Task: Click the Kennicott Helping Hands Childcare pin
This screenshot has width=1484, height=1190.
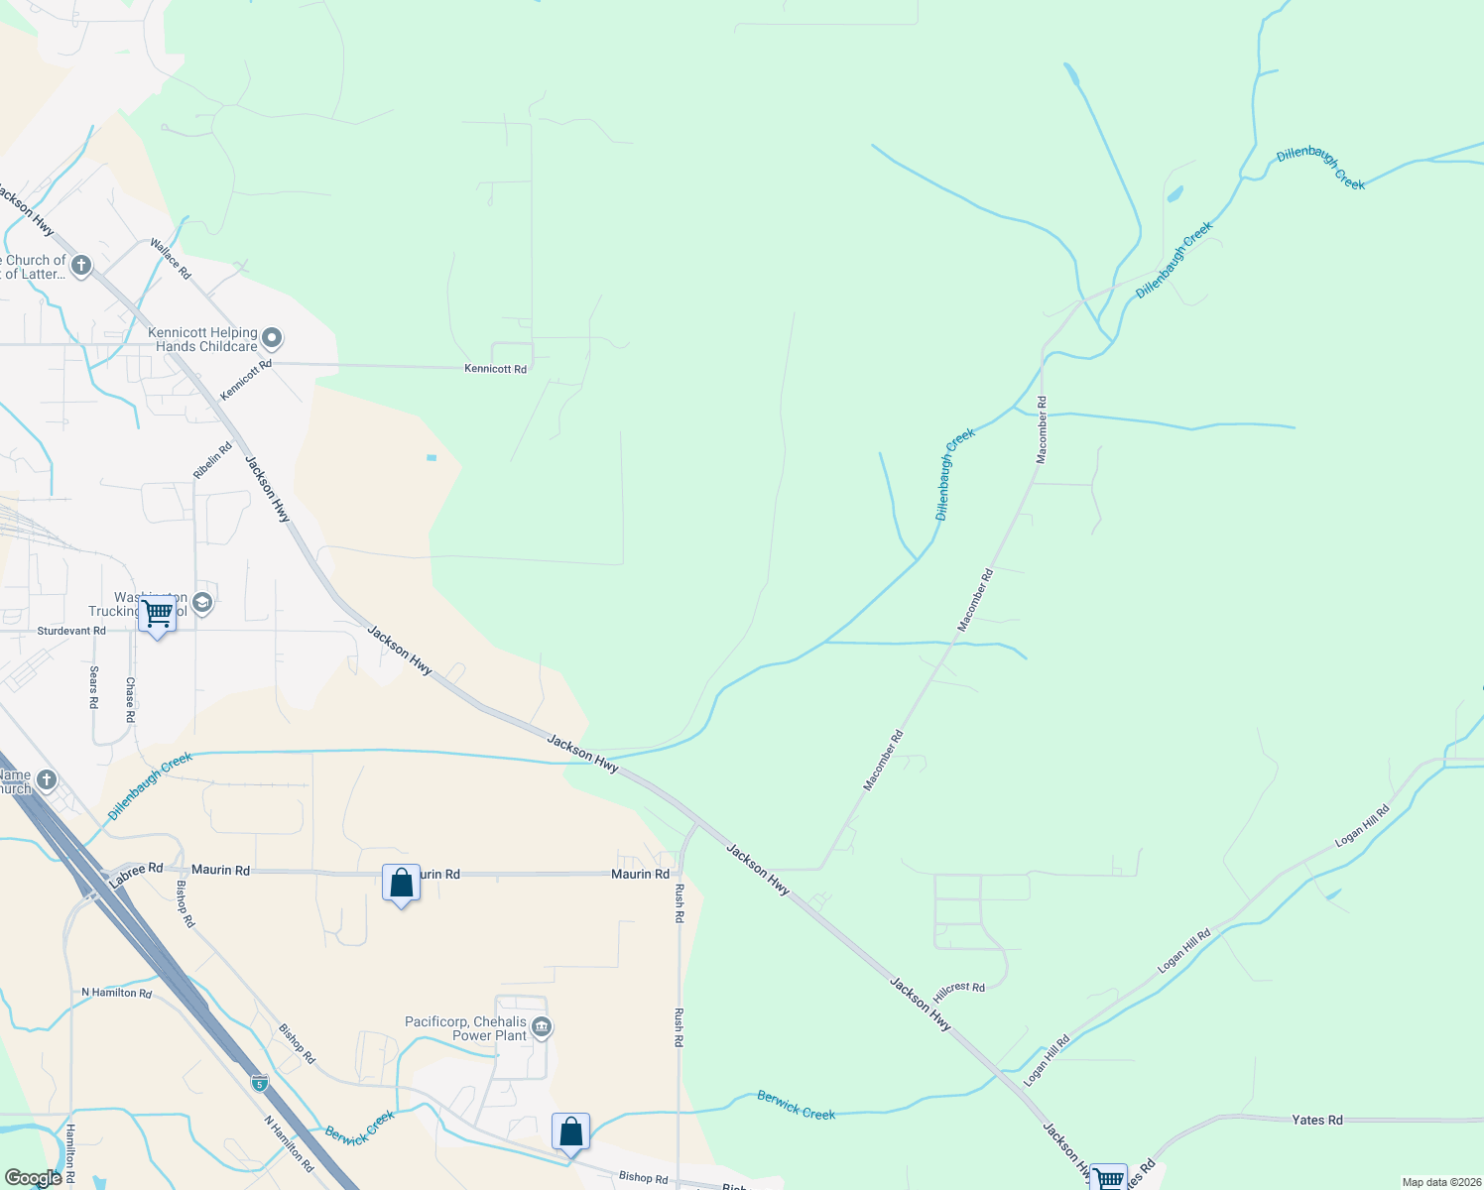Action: coord(271,339)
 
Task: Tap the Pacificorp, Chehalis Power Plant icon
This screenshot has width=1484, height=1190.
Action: coord(542,1027)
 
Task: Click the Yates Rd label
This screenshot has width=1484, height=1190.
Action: coord(1317,1120)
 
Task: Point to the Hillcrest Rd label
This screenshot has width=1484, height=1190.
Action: coord(959,992)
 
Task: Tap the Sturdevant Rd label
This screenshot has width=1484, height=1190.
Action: coord(71,631)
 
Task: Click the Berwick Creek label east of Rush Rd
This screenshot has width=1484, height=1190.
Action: coord(796,1105)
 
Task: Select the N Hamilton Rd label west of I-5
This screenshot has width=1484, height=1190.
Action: coord(117,993)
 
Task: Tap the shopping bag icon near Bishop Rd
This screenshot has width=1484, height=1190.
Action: coord(570,1131)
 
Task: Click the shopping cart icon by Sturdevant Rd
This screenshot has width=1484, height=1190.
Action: coord(157,614)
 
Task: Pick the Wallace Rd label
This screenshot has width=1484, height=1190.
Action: coord(170,258)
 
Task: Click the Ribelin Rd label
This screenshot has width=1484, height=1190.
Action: coord(212,461)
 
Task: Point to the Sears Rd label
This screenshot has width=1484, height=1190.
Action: coord(94,686)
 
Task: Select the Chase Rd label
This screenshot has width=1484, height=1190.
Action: coord(130,699)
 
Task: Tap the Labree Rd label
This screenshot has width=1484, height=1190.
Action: coord(136,874)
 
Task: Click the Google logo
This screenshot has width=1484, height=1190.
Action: coord(33,1178)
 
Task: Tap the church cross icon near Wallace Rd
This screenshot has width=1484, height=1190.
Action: coord(81,265)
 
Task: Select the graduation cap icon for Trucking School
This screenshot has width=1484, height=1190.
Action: coord(202,602)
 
